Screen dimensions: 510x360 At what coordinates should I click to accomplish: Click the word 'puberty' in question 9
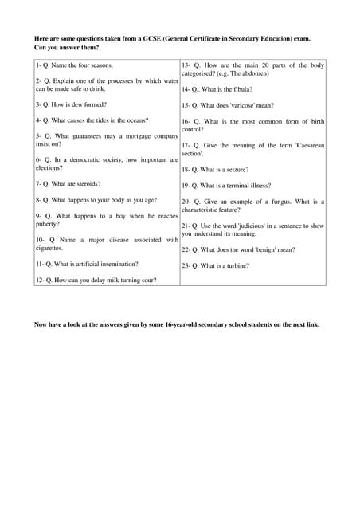tap(47, 224)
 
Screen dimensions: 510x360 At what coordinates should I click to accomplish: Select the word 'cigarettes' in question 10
tap(49, 248)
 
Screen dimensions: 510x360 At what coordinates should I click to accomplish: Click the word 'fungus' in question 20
tap(280, 202)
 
